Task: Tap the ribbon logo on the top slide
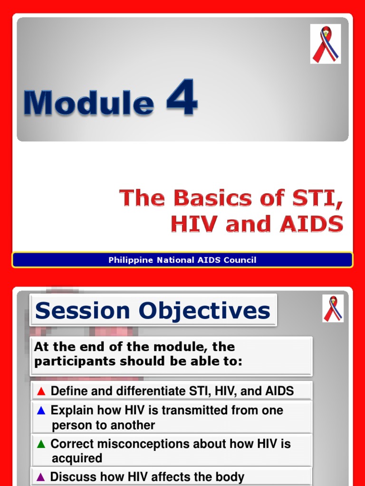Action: coord(325,44)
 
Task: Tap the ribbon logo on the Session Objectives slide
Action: coord(333,308)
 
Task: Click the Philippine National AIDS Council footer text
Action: coord(182,260)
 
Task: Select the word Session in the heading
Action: coord(82,311)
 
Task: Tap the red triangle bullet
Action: coord(41,392)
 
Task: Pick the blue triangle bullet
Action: coord(41,411)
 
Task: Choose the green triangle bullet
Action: coord(41,444)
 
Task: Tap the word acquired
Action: coord(77,458)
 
